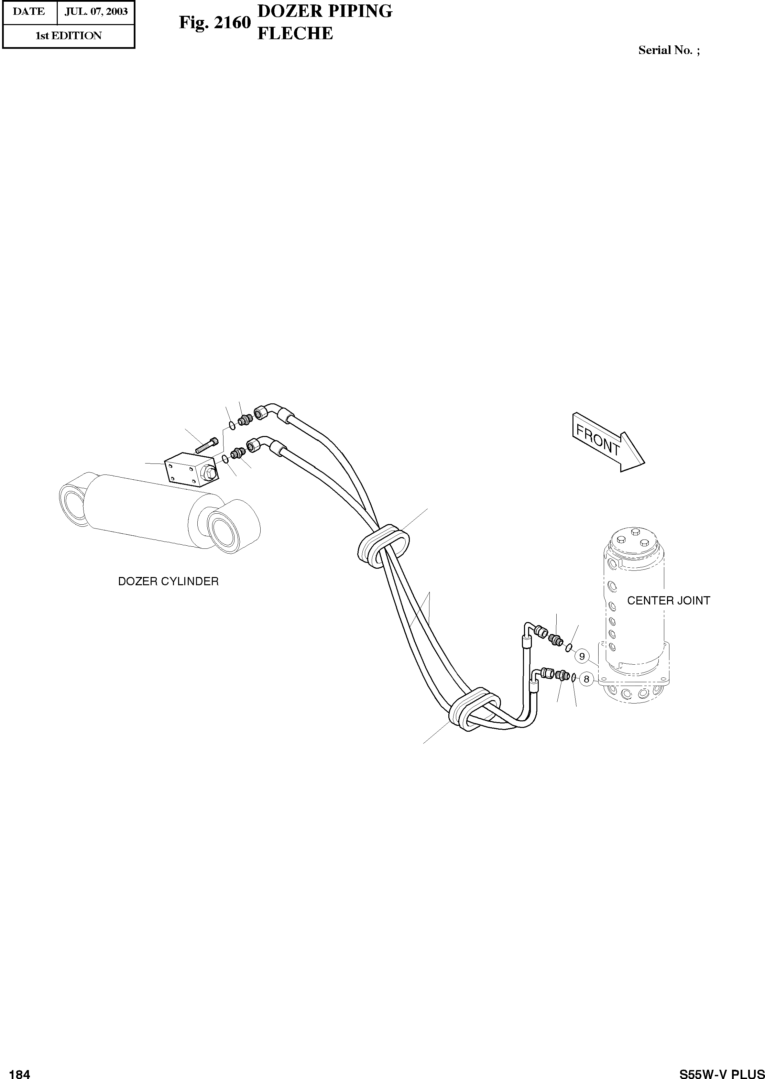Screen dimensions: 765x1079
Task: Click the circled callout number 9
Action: click(x=582, y=656)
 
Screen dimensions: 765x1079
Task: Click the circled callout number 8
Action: click(x=586, y=679)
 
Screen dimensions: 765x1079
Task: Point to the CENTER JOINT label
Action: click(x=668, y=600)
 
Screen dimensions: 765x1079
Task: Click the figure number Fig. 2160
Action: click(x=214, y=23)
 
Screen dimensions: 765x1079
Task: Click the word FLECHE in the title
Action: click(x=295, y=33)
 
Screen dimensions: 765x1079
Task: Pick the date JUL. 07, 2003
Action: click(x=96, y=11)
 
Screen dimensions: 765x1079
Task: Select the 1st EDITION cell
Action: click(x=69, y=36)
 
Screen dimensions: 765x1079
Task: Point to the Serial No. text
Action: click(x=668, y=51)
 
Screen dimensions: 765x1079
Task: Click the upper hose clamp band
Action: click(x=382, y=545)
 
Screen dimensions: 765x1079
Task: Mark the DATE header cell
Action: click(x=29, y=11)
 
